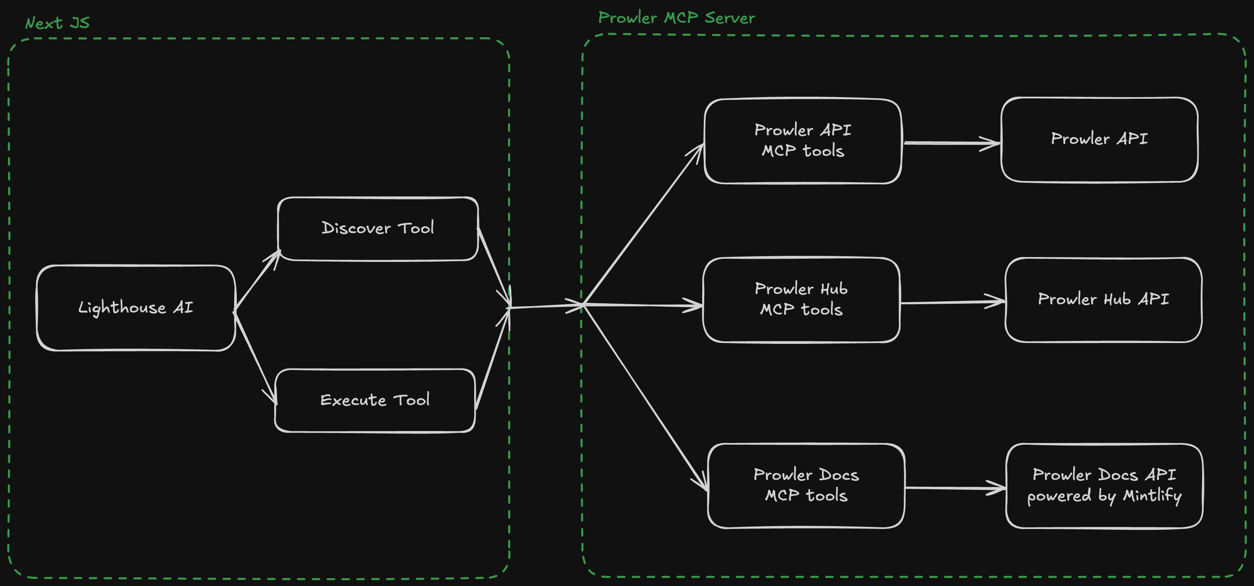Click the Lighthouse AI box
[136, 308]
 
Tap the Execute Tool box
[375, 400]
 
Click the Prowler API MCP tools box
[803, 141]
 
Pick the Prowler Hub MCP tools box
[801, 300]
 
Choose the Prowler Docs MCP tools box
[806, 486]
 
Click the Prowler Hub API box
[1103, 300]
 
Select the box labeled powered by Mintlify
[1104, 486]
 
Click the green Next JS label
[57, 23]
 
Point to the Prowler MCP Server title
[676, 18]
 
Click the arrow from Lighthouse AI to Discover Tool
[257, 280]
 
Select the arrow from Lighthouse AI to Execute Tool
[256, 358]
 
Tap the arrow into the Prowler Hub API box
[952, 303]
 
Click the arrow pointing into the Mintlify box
[954, 488]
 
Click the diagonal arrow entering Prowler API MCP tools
[643, 224]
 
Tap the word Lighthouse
[122, 308]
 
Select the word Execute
[353, 400]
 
